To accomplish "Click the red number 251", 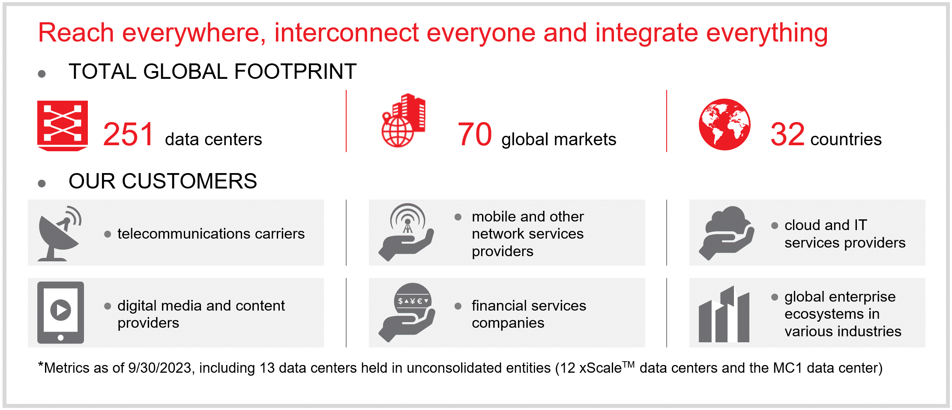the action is (x=128, y=135).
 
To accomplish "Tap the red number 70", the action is (x=475, y=135).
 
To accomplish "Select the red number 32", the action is (x=787, y=135).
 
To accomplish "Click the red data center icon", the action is (x=63, y=126).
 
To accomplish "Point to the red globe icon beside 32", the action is (x=724, y=125).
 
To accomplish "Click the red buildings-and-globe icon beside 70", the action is (x=403, y=120).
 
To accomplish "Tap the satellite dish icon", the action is (x=59, y=233).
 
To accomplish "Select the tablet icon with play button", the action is (x=60, y=312).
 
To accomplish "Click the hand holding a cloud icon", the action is (x=726, y=233).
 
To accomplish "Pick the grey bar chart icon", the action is (x=724, y=314).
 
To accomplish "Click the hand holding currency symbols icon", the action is (x=407, y=312).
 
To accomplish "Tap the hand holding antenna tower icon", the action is (x=406, y=232).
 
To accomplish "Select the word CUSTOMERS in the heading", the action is (x=189, y=181).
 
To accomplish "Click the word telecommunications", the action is (x=184, y=234).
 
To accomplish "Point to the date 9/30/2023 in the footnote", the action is (x=159, y=368).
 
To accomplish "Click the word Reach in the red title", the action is (x=76, y=33).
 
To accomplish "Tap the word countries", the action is (x=846, y=140).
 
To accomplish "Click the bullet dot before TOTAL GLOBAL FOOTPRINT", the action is (x=42, y=74).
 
